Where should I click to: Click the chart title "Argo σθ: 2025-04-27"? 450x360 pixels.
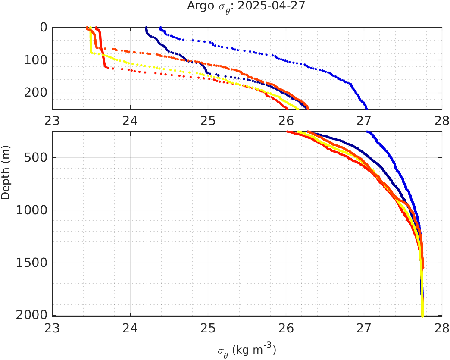pos(246,6)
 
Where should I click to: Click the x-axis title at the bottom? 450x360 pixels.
pos(247,350)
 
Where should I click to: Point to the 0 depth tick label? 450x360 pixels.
pos(44,27)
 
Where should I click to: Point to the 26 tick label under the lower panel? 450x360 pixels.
pos(286,327)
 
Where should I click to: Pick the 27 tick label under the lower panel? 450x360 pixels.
pos(364,327)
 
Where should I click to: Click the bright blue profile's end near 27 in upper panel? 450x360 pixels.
pos(366,108)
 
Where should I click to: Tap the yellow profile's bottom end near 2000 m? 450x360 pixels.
pos(422,316)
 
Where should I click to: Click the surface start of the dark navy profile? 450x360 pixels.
pos(146,28)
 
